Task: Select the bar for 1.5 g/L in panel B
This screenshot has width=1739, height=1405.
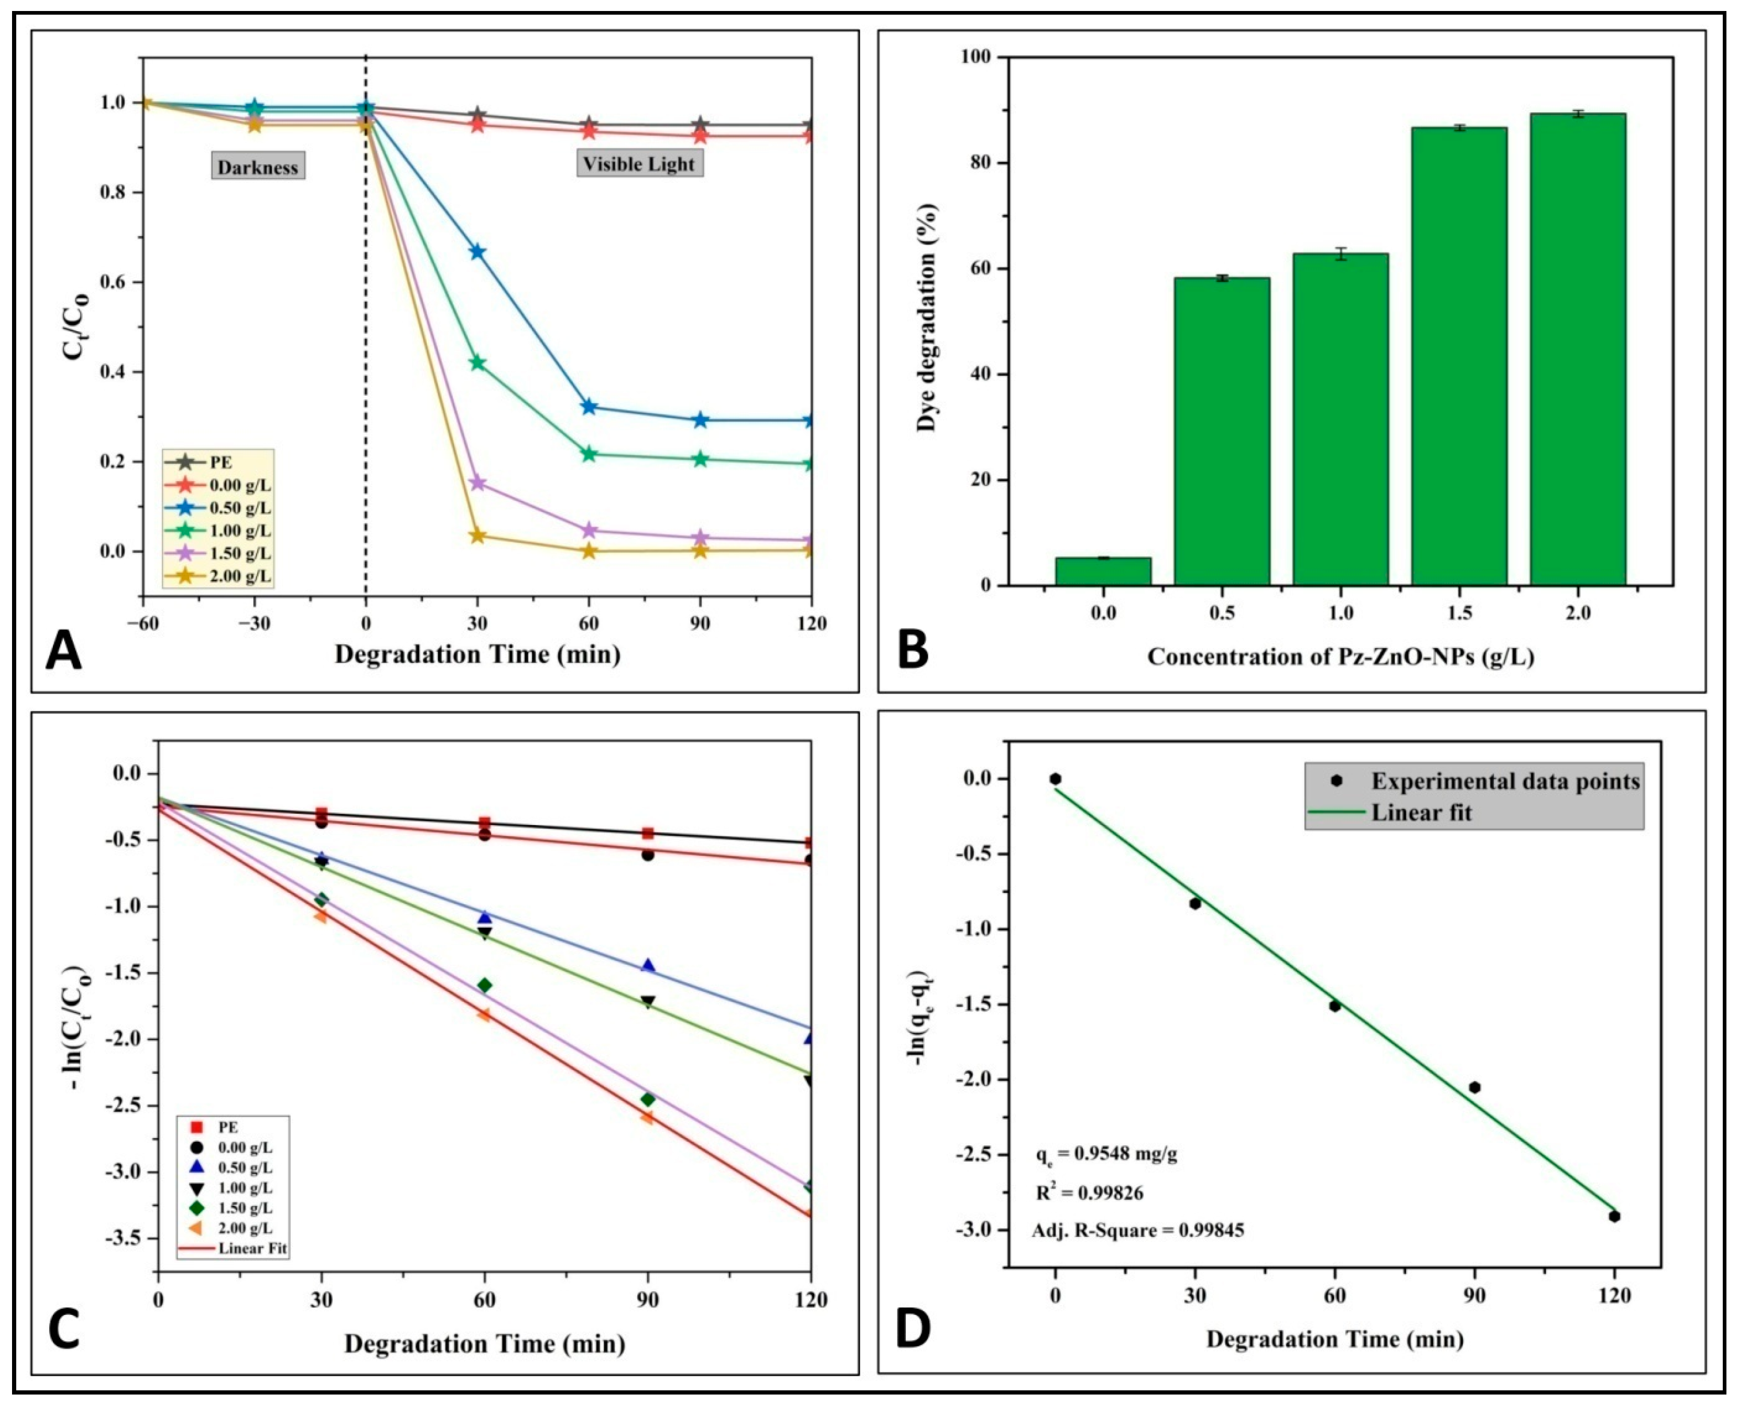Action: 1459,356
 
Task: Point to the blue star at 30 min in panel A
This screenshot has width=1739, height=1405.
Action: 478,252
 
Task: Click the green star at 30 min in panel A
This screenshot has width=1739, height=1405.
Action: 478,363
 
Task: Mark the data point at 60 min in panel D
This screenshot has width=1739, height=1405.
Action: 1335,1006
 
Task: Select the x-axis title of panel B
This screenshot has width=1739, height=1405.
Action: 1340,657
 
